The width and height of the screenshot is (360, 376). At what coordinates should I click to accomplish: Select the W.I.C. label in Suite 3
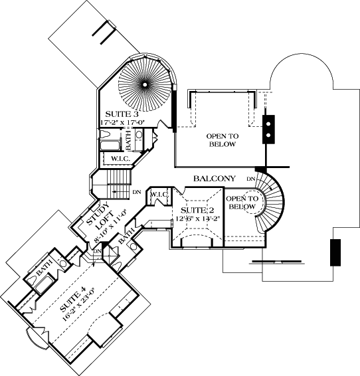point(120,159)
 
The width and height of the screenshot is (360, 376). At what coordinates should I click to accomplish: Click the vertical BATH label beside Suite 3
point(130,140)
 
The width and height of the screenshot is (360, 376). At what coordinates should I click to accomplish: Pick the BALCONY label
point(215,179)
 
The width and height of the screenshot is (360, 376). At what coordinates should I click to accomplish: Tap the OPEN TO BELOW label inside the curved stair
point(240,203)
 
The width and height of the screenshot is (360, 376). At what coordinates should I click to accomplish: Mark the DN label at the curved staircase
point(250,180)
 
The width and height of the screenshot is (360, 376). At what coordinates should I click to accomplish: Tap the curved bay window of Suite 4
point(37,339)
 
